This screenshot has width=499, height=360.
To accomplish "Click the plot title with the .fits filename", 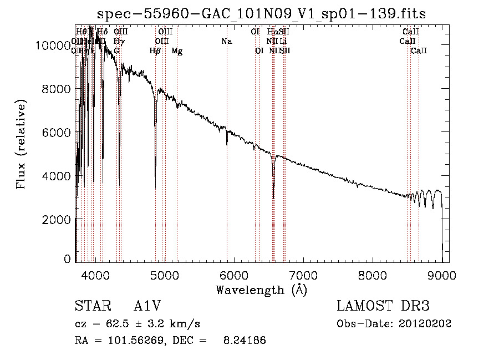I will (261, 13).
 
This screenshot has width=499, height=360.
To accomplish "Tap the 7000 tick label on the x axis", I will (303, 274).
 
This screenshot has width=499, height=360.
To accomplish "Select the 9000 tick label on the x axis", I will (442, 274).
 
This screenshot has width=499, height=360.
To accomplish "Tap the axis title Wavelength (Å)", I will (261, 290).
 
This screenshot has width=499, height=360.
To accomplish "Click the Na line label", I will (226, 42).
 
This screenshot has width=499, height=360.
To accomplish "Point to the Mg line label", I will (177, 51).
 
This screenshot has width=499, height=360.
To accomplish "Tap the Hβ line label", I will (155, 51).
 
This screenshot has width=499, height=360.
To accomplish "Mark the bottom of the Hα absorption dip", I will (273, 197).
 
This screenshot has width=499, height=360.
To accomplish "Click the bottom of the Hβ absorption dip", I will (155, 187).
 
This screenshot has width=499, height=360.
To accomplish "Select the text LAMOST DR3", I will (383, 306).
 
